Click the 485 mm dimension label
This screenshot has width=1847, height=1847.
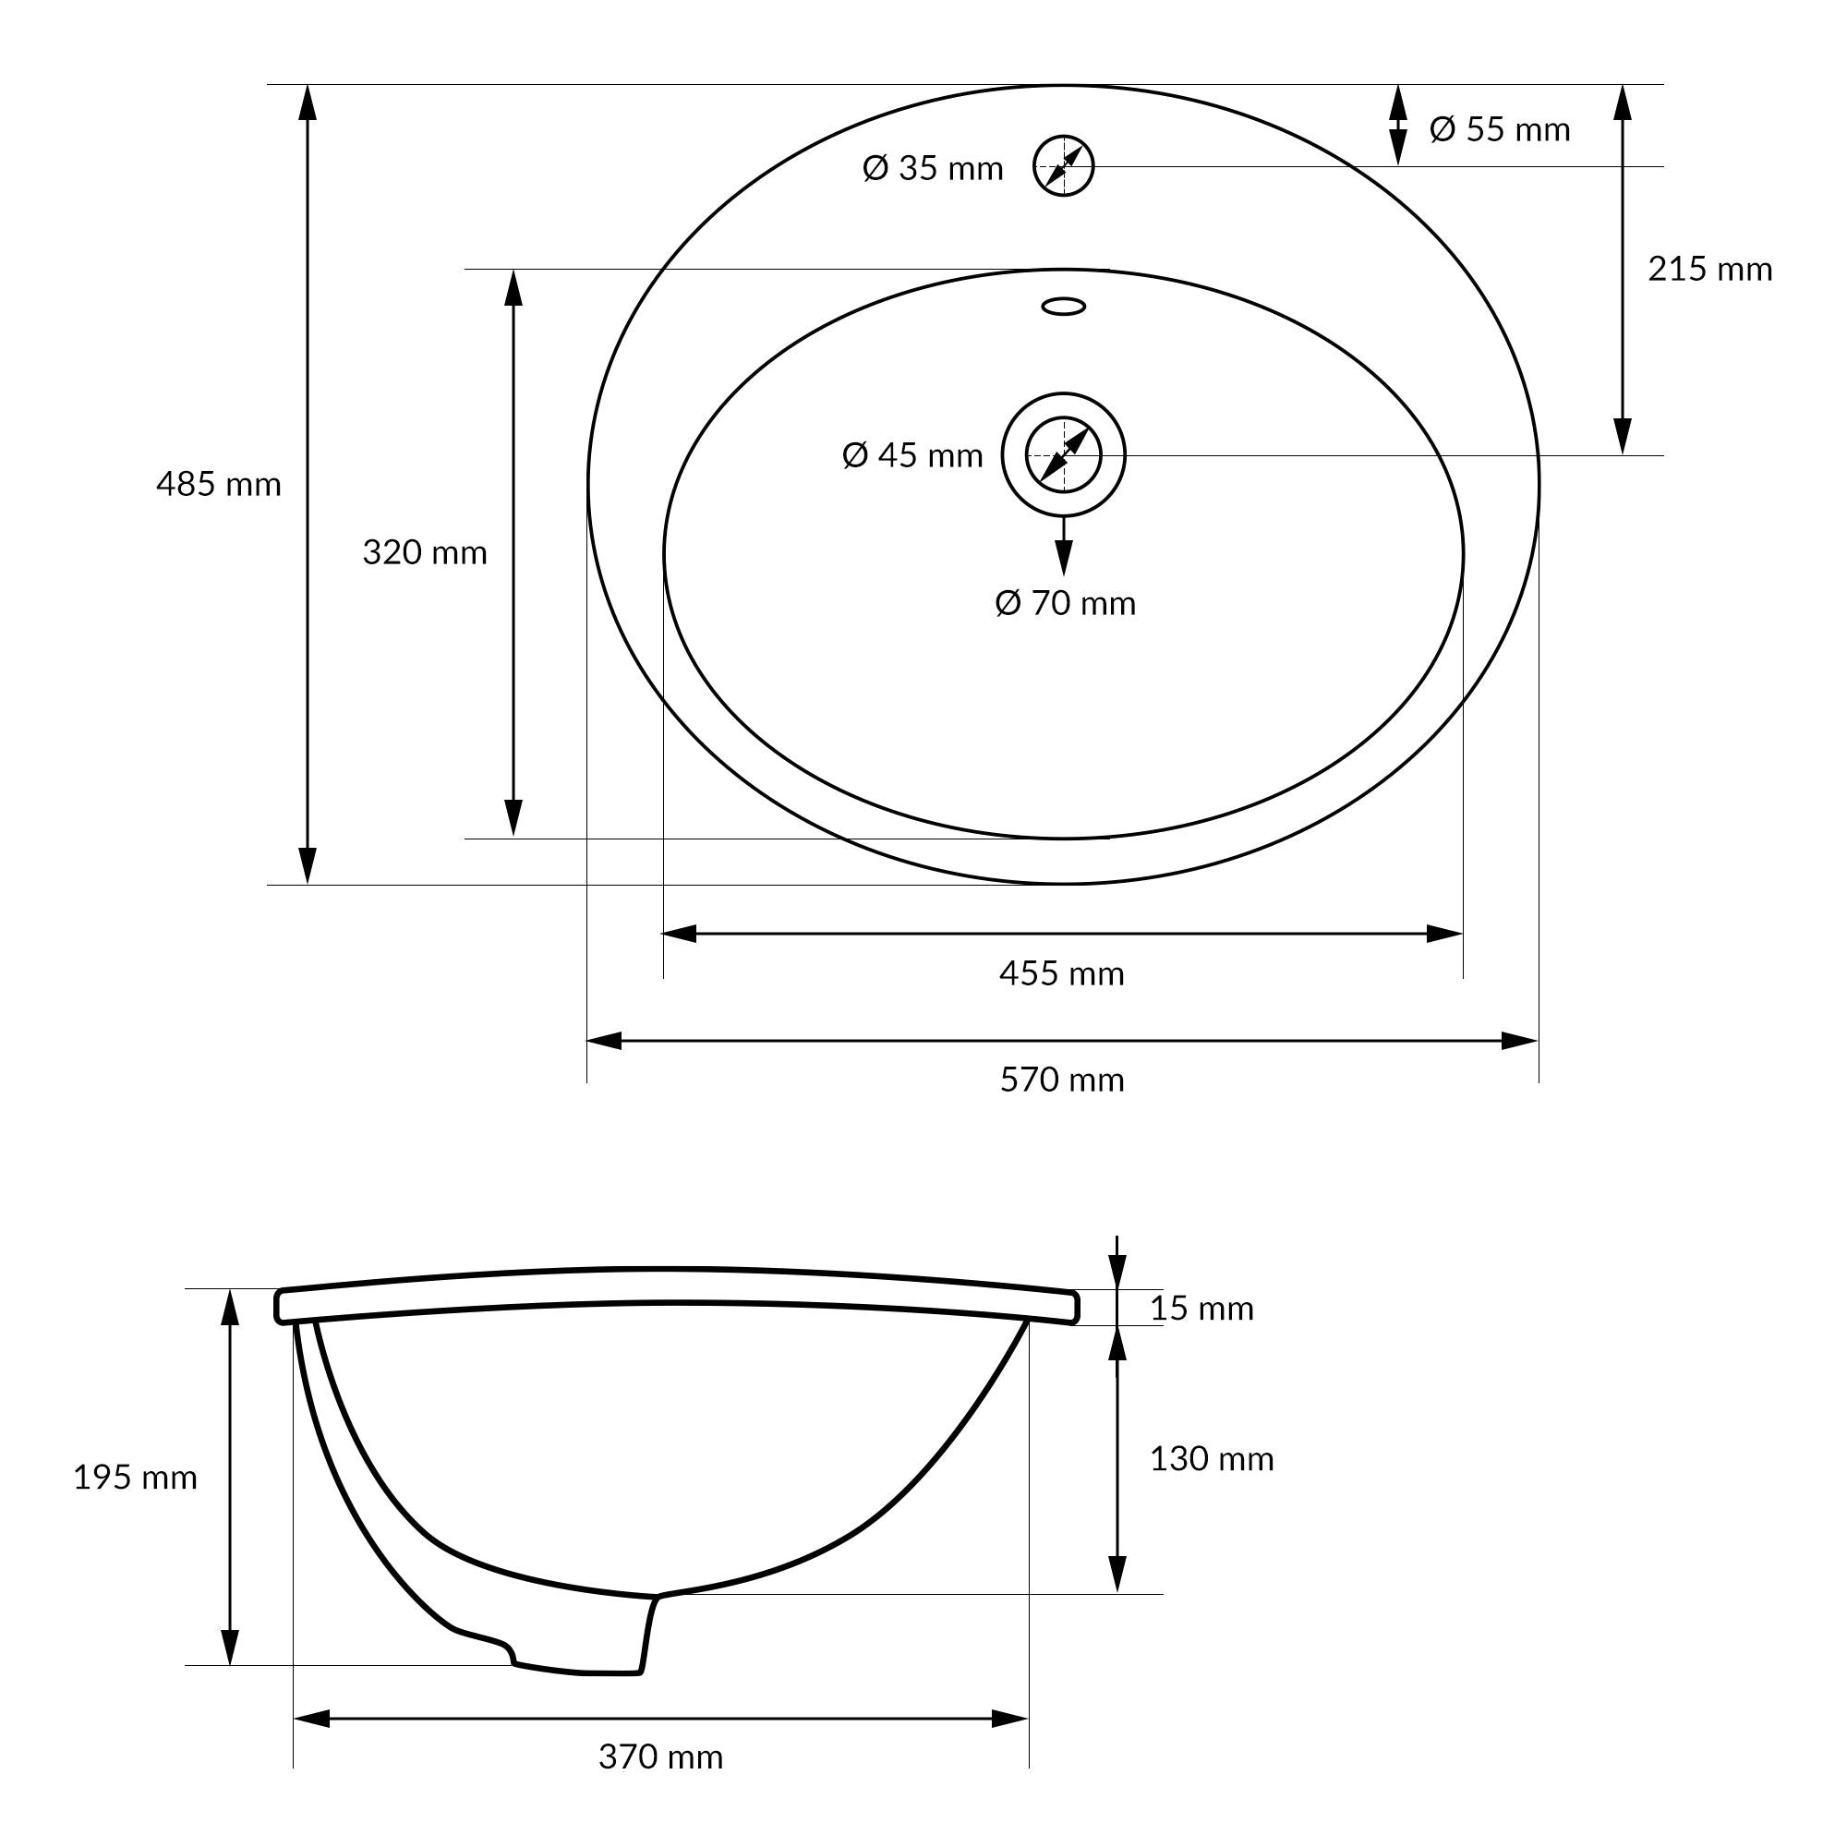tap(219, 485)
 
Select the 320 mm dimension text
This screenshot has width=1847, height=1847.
tap(425, 552)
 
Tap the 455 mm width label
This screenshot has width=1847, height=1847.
tap(1061, 973)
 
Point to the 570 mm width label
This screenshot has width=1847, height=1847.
tap(1061, 1080)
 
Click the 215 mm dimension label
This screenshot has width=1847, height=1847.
tap(1709, 270)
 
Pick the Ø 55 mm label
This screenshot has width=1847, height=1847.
tap(1499, 129)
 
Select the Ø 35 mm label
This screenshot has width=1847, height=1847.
tap(932, 168)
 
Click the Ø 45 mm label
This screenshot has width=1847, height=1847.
tap(912, 455)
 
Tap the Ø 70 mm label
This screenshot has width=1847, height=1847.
tap(1065, 603)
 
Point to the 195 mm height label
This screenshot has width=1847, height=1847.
tap(135, 1477)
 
